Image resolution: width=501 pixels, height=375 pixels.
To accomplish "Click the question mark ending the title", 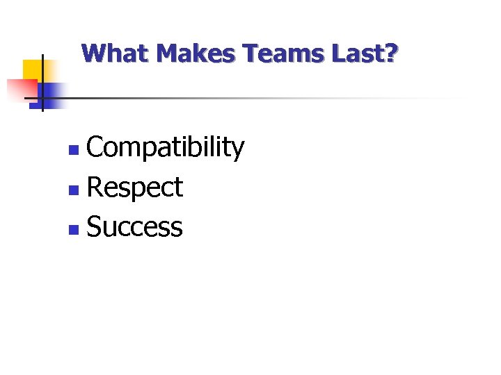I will [x=392, y=53].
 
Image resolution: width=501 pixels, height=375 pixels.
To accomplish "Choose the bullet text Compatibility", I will [x=166, y=148].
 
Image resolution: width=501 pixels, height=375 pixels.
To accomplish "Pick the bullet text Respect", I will [x=135, y=187].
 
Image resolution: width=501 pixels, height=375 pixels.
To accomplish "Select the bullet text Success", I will [x=135, y=227].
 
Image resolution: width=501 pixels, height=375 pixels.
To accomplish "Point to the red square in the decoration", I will [x=21, y=89].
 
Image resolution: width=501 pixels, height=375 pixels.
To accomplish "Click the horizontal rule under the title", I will [x=264, y=98].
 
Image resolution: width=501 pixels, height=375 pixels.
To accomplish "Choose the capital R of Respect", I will [x=95, y=187].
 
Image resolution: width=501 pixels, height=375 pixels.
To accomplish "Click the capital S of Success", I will [x=94, y=227].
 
